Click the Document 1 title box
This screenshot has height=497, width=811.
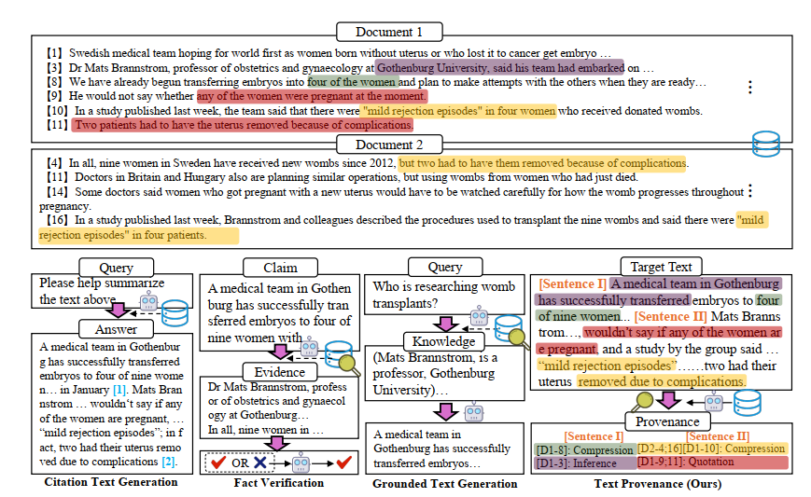click(389, 32)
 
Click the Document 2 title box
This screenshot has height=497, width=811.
click(389, 145)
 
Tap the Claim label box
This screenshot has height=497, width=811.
click(268, 267)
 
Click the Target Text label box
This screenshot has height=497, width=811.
click(661, 267)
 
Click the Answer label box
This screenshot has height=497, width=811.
click(116, 328)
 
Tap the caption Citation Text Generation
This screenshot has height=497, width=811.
click(111, 482)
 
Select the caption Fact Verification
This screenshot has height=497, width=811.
click(280, 482)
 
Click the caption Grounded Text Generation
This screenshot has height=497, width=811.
click(444, 483)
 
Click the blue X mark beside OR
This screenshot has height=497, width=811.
click(259, 461)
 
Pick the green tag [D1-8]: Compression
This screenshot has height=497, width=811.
click(583, 449)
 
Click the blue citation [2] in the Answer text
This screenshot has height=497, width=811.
click(169, 462)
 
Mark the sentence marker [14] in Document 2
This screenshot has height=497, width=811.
click(58, 192)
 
